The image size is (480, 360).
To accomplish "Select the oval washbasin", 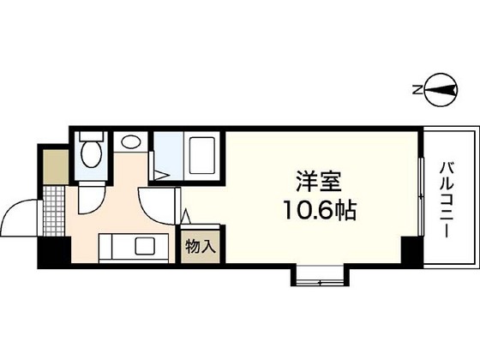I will point(131,143).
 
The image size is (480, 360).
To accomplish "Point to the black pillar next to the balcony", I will point(412,251).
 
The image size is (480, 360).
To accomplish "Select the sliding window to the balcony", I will point(420,198).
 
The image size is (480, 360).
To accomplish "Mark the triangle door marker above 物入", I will point(186,217).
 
